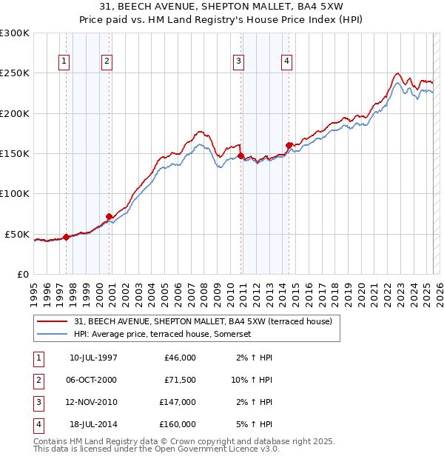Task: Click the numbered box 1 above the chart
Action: pyautogui.click(x=64, y=62)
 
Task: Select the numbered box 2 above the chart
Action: pyautogui.click(x=107, y=62)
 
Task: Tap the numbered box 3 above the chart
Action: pyautogui.click(x=239, y=62)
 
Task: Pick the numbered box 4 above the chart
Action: pyautogui.click(x=286, y=62)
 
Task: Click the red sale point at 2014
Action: pyautogui.click(x=289, y=146)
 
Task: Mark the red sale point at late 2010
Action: pyautogui.click(x=241, y=156)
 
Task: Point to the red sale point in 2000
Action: pyautogui.click(x=109, y=216)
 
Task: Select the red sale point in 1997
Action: pyautogui.click(x=66, y=237)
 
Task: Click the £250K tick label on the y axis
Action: pyautogui.click(x=15, y=73)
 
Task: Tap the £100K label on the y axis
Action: pyautogui.click(x=15, y=193)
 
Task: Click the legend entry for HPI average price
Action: pyautogui.click(x=163, y=334)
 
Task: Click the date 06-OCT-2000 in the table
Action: pyautogui.click(x=93, y=380)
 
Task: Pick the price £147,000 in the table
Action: pyautogui.click(x=178, y=402)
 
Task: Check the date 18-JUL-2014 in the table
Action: pyautogui.click(x=93, y=424)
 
